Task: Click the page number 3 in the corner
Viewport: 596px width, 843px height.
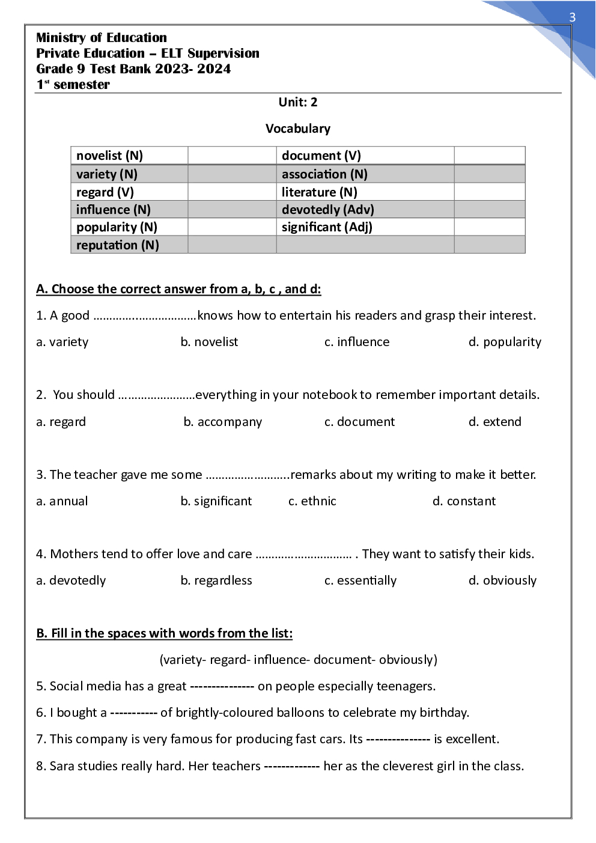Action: [572, 17]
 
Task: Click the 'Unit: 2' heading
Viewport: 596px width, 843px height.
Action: [297, 102]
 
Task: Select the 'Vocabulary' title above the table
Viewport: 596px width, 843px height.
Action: [297, 129]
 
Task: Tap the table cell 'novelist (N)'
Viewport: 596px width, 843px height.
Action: [109, 156]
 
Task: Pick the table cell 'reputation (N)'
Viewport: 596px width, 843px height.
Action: [117, 245]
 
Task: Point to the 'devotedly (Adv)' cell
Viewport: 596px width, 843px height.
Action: [327, 210]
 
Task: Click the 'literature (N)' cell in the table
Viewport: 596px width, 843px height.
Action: [319, 192]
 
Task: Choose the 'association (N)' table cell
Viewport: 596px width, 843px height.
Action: [324, 174]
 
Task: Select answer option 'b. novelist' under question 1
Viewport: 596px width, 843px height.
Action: [209, 342]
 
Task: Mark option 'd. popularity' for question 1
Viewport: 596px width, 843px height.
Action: [505, 342]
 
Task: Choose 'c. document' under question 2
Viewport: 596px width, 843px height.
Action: [359, 422]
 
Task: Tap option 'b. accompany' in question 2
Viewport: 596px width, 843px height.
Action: [222, 422]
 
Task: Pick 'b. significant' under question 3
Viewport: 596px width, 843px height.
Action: [216, 501]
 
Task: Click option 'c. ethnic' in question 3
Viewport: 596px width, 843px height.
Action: [312, 501]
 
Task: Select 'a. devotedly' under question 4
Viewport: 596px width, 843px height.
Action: [71, 580]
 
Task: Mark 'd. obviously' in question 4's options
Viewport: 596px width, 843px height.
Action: [502, 580]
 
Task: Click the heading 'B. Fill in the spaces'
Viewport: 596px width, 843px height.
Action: [164, 633]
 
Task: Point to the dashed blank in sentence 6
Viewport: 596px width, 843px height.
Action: [133, 713]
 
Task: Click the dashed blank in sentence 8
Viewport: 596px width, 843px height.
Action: [291, 766]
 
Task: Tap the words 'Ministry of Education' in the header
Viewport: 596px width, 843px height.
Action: [102, 38]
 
